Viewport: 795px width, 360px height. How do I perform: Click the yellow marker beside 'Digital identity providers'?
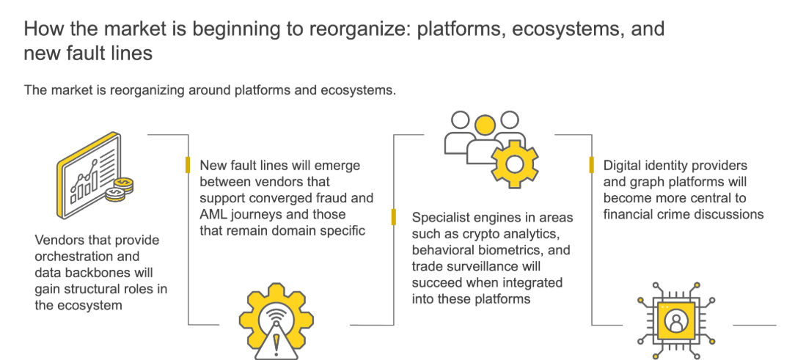591,165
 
